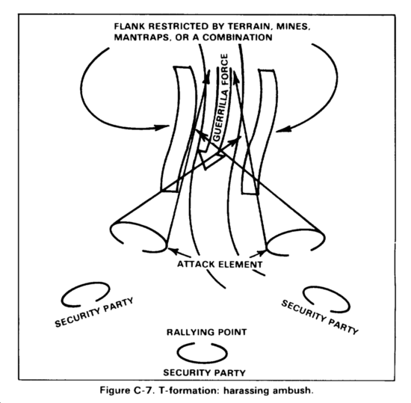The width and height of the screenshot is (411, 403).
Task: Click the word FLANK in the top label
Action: [130, 26]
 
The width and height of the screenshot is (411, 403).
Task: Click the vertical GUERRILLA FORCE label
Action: [220, 97]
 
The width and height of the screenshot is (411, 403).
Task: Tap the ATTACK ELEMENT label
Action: [220, 264]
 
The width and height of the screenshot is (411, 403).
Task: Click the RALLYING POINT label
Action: [207, 332]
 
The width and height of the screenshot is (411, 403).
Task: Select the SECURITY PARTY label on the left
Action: [94, 313]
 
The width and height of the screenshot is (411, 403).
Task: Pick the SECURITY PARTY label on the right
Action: [320, 317]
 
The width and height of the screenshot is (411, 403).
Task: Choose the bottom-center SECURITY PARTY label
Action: [205, 372]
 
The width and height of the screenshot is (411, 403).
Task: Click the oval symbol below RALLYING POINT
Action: [202, 363]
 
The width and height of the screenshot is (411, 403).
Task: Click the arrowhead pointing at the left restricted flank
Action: [161, 127]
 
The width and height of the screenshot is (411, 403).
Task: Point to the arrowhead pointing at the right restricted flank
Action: [284, 129]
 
